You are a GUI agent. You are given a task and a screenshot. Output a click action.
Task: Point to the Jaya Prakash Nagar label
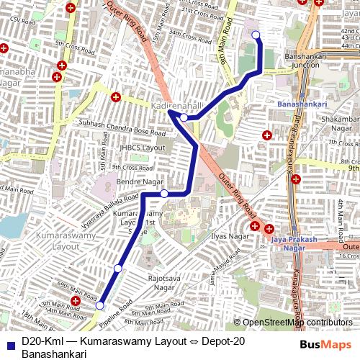[x=293, y=243]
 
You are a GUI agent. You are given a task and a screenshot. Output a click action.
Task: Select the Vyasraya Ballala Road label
[x=110, y=210]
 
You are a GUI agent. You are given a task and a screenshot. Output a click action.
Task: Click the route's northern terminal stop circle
[x=255, y=34]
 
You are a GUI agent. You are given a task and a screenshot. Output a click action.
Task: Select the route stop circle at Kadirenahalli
[x=184, y=117]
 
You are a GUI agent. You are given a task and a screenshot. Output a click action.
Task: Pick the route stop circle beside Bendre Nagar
[x=164, y=193]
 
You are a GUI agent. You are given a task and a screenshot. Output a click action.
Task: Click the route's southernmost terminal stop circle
[x=99, y=305]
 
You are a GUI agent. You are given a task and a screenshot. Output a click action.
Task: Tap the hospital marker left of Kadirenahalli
[x=115, y=96]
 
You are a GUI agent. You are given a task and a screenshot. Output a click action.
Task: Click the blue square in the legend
[x=10, y=341]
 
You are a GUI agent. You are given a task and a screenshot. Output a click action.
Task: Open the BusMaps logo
[x=326, y=345]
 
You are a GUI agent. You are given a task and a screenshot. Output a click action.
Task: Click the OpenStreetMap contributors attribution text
[x=297, y=323]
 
